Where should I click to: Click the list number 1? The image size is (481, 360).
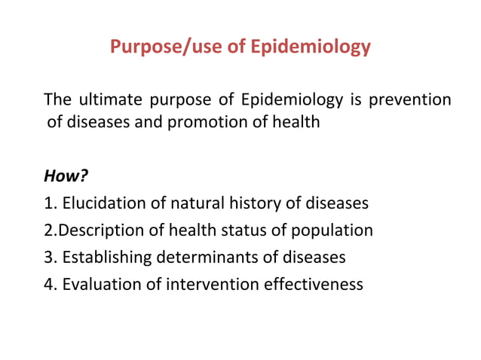click(x=49, y=203)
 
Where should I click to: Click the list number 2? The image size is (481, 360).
click(x=49, y=230)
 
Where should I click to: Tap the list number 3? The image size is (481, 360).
click(x=49, y=258)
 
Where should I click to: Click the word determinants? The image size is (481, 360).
click(x=204, y=258)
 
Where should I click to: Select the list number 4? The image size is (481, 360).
click(x=49, y=285)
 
